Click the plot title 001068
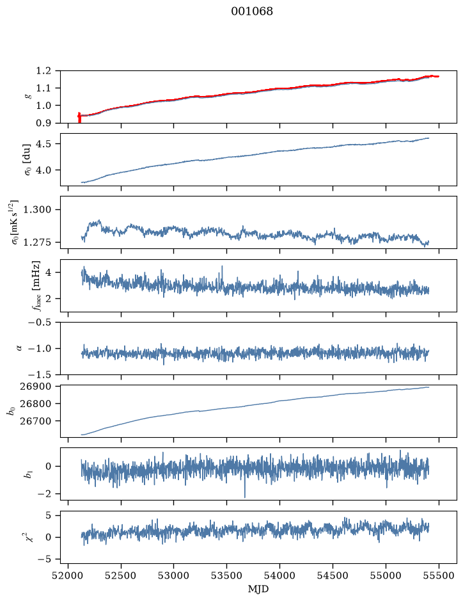tap(252, 12)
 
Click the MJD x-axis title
tap(258, 589)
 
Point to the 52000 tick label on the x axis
tap(68, 575)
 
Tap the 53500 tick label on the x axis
tap(227, 575)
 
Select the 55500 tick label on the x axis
tap(439, 575)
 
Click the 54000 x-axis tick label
tap(279, 575)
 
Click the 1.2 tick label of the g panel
tap(43, 71)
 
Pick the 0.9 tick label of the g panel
tap(43, 123)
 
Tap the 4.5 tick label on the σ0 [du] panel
tap(43, 144)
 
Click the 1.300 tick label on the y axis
tap(37, 210)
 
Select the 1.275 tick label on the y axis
tap(37, 242)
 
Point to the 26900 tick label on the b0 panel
tap(35, 387)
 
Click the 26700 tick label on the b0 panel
tap(35, 421)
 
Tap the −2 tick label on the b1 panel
tap(44, 494)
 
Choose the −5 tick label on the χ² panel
tap(44, 559)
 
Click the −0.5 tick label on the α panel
tap(40, 322)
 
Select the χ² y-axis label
tap(29, 538)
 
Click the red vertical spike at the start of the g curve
tap(79, 117)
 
